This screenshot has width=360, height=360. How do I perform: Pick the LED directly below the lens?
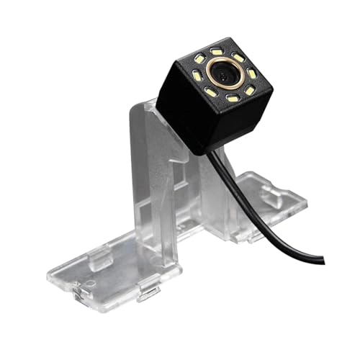click(x=233, y=98)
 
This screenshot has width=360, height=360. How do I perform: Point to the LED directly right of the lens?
click(x=251, y=73)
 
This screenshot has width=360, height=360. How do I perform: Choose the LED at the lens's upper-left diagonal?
click(x=199, y=58)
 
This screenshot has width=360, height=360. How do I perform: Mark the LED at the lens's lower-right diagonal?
click(x=249, y=91)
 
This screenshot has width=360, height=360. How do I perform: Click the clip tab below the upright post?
click(x=148, y=292)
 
